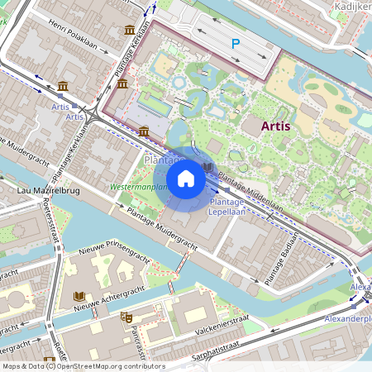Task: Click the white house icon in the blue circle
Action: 186,178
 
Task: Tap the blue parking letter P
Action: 236,43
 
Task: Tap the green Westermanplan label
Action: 139,187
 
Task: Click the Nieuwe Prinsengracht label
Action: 112,247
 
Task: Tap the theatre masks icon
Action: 126,317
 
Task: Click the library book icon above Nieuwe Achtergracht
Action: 79,296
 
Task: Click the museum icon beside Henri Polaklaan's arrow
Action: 130,31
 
